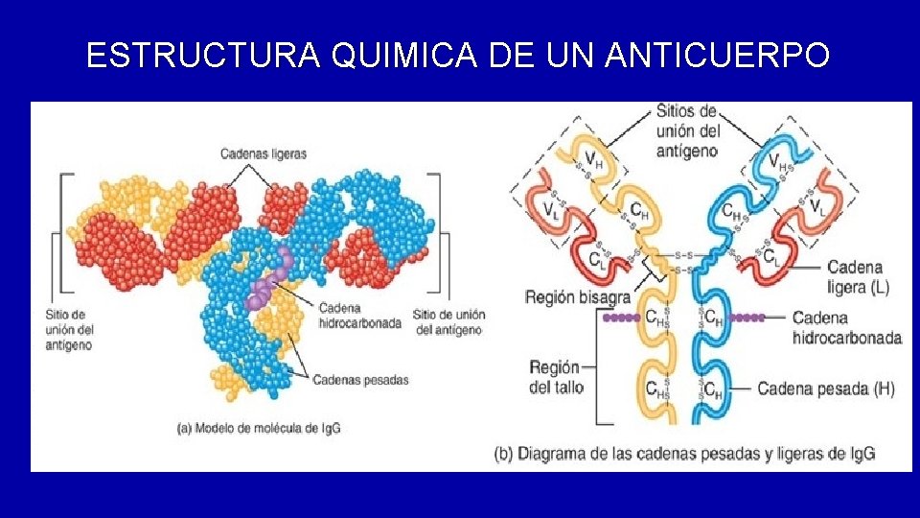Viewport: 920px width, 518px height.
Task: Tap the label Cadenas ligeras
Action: pyautogui.click(x=264, y=153)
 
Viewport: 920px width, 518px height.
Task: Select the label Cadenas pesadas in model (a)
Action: pyautogui.click(x=360, y=380)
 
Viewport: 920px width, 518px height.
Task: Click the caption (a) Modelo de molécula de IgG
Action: pyautogui.click(x=259, y=429)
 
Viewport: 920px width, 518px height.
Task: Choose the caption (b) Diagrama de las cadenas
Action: pyautogui.click(x=684, y=453)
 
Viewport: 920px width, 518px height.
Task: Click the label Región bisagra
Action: pyautogui.click(x=578, y=297)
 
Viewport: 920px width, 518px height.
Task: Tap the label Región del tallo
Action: pyautogui.click(x=555, y=378)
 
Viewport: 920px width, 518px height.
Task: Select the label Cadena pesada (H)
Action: pyautogui.click(x=826, y=388)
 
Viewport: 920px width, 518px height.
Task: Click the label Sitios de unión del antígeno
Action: pyautogui.click(x=687, y=130)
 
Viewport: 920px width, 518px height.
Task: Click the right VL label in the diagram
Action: pyautogui.click(x=818, y=206)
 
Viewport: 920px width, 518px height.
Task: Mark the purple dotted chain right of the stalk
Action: pyautogui.click(x=747, y=317)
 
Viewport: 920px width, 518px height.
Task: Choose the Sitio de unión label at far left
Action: pyautogui.click(x=69, y=329)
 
